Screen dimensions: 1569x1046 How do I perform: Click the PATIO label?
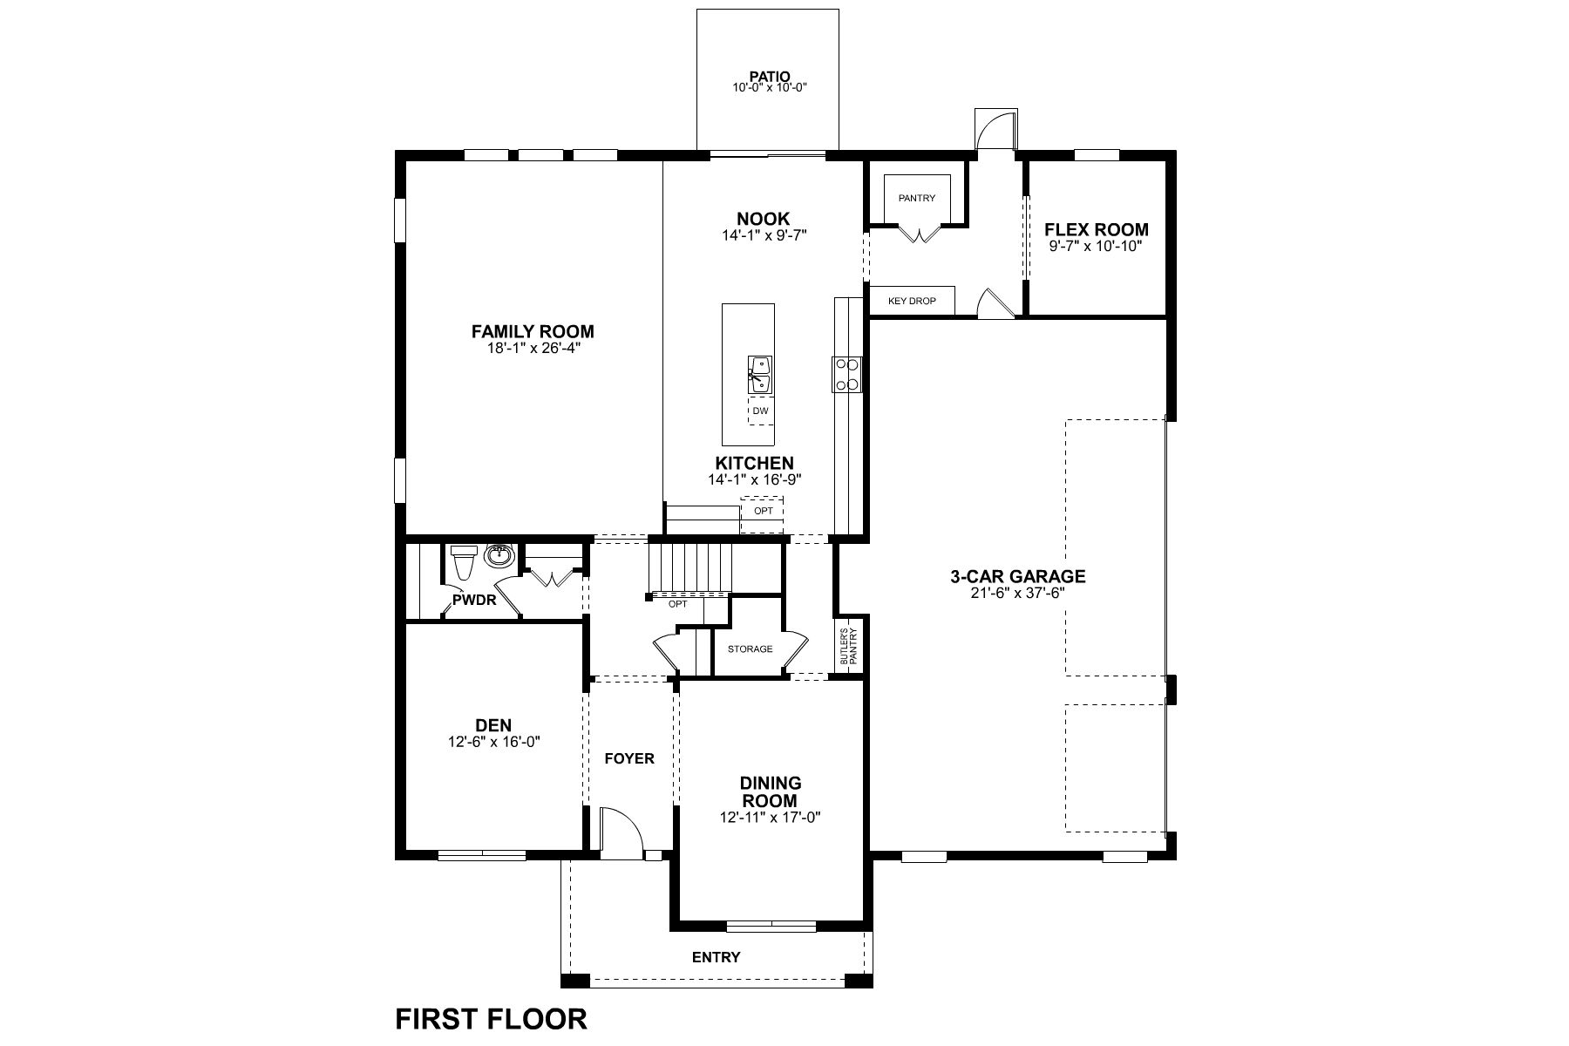[769, 77]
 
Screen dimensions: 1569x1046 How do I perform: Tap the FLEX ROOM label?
[1097, 230]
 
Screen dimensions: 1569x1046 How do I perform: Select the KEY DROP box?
[912, 301]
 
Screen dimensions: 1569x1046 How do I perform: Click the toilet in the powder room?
[462, 561]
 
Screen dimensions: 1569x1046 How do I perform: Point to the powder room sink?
[499, 554]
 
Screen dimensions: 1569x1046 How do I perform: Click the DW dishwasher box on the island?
[761, 411]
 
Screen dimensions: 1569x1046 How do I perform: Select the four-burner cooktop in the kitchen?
[846, 375]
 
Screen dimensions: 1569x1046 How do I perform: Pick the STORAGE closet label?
[750, 649]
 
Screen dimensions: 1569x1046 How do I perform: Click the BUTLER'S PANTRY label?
[849, 648]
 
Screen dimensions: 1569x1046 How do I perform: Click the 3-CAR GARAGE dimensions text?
[1017, 593]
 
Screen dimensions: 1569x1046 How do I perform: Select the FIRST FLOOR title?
[492, 1018]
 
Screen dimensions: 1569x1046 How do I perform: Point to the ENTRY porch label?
[717, 957]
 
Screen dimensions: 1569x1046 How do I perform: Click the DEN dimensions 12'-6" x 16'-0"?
[493, 742]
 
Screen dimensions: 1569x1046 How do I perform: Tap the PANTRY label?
[917, 198]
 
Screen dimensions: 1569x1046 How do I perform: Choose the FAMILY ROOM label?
[533, 331]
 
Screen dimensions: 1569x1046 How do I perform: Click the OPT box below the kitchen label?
[763, 511]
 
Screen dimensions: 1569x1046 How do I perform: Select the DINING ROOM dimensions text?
[771, 818]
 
